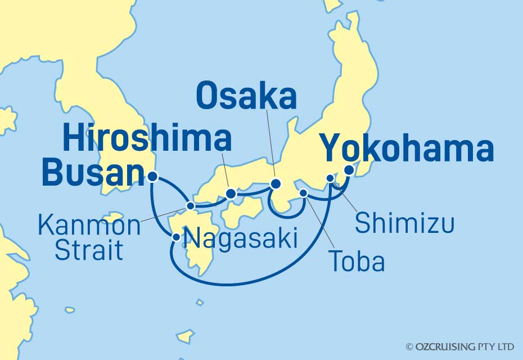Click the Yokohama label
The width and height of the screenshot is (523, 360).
coord(407,150)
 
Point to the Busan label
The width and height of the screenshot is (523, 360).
coord(90,174)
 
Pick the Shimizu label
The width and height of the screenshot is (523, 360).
coord(404,224)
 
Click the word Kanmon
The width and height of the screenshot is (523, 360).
coord(89,226)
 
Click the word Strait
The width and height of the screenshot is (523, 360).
coord(89,250)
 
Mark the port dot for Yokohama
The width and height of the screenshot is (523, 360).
coord(349,170)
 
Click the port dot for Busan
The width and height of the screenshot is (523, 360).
coord(153,176)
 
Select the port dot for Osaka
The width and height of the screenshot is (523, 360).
coord(276,184)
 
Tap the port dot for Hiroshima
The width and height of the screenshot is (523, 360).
coord(231,195)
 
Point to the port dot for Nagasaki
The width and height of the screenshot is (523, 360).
coord(177,237)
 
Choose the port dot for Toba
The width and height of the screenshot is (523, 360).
coord(304,193)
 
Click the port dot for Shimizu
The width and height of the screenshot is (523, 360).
coord(330,179)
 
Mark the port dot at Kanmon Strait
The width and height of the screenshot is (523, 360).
coord(190,206)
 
